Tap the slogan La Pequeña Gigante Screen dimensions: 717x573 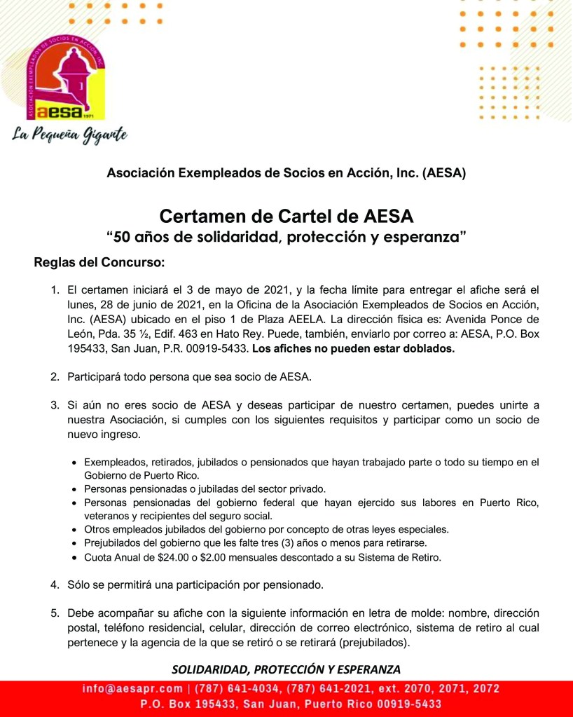tap(69, 134)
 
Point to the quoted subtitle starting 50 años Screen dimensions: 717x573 tap(286, 237)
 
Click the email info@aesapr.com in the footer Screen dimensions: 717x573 tap(132, 689)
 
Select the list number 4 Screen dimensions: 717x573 tap(54, 585)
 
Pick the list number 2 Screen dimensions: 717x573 tap(54, 377)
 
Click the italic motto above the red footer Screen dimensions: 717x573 tap(286, 668)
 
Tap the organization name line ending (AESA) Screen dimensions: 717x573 tap(286, 172)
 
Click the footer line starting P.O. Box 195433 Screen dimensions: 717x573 tap(291, 704)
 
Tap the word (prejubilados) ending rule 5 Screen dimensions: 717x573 tap(374, 642)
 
